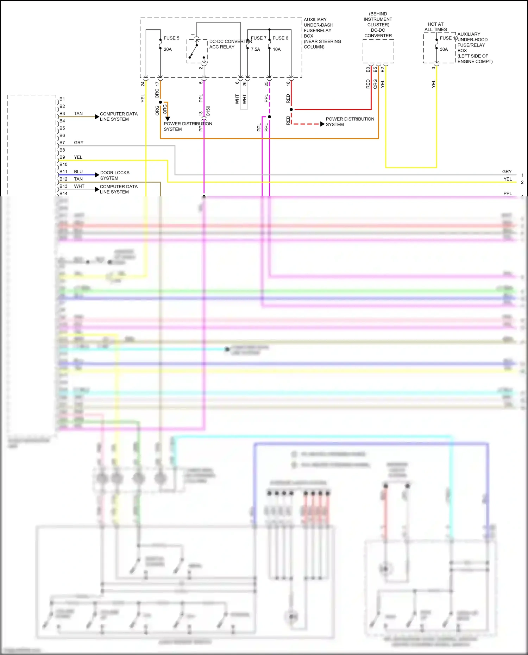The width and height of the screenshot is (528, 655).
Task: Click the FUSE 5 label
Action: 171,38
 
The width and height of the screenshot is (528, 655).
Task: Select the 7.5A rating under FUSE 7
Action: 256,49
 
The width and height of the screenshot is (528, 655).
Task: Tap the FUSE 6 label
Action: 280,38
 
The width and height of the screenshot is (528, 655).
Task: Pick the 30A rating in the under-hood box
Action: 444,49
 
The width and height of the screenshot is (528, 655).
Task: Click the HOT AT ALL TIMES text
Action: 435,27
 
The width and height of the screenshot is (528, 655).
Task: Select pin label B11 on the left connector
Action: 63,172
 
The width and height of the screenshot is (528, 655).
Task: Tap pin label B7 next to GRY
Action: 62,143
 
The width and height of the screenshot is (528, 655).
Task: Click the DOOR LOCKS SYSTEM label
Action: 115,175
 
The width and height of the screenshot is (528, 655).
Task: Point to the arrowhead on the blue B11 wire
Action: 97,175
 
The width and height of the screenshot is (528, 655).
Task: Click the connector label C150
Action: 208,111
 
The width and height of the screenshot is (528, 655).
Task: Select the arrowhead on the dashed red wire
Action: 322,124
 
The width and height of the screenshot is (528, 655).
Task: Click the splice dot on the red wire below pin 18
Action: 291,109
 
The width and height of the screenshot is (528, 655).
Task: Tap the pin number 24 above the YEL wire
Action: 143,84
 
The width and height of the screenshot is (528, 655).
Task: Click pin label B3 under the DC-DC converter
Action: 368,70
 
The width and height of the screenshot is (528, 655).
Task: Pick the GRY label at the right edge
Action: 507,172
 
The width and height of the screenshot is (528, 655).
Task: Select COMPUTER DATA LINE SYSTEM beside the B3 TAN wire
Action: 119,116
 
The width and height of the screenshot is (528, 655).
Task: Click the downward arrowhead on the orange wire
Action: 168,119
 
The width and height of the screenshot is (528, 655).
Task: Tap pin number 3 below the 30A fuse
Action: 433,68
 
